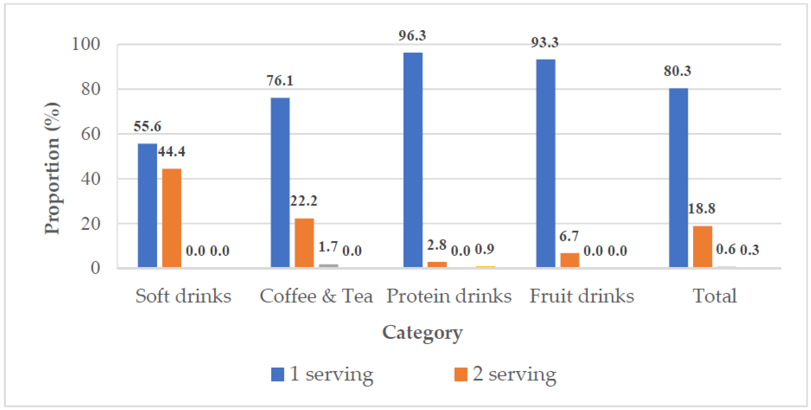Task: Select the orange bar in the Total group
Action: (702, 247)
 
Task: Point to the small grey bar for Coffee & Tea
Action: (328, 266)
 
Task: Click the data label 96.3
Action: (412, 36)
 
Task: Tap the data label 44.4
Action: (172, 152)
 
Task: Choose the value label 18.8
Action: (701, 209)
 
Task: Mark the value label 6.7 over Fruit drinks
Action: (569, 236)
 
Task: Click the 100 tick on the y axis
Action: (86, 44)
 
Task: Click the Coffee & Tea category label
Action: (316, 296)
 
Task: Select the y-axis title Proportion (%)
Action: (52, 168)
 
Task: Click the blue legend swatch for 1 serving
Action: (277, 374)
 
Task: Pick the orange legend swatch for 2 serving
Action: (461, 374)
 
